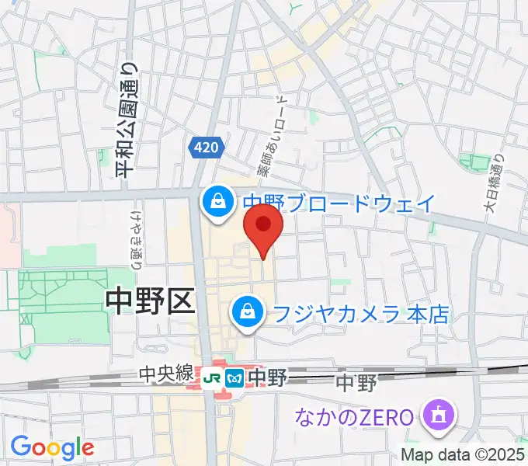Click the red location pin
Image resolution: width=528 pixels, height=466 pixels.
[x=263, y=227]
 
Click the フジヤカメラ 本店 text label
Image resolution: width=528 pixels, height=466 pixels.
[x=360, y=314]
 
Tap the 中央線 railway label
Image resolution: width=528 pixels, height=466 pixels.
[x=166, y=374]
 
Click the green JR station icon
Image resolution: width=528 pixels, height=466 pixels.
[x=212, y=377]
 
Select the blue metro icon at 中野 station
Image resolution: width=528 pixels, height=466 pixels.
[x=234, y=377]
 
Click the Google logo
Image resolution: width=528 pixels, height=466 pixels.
[x=52, y=447]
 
